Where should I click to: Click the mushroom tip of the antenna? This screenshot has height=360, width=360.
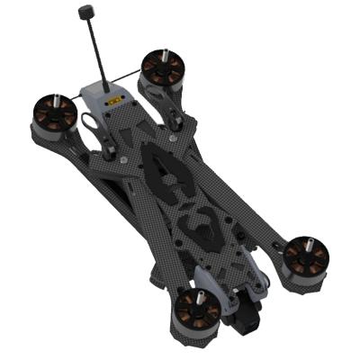[87, 13]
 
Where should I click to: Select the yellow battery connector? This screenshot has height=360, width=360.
[114, 101]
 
